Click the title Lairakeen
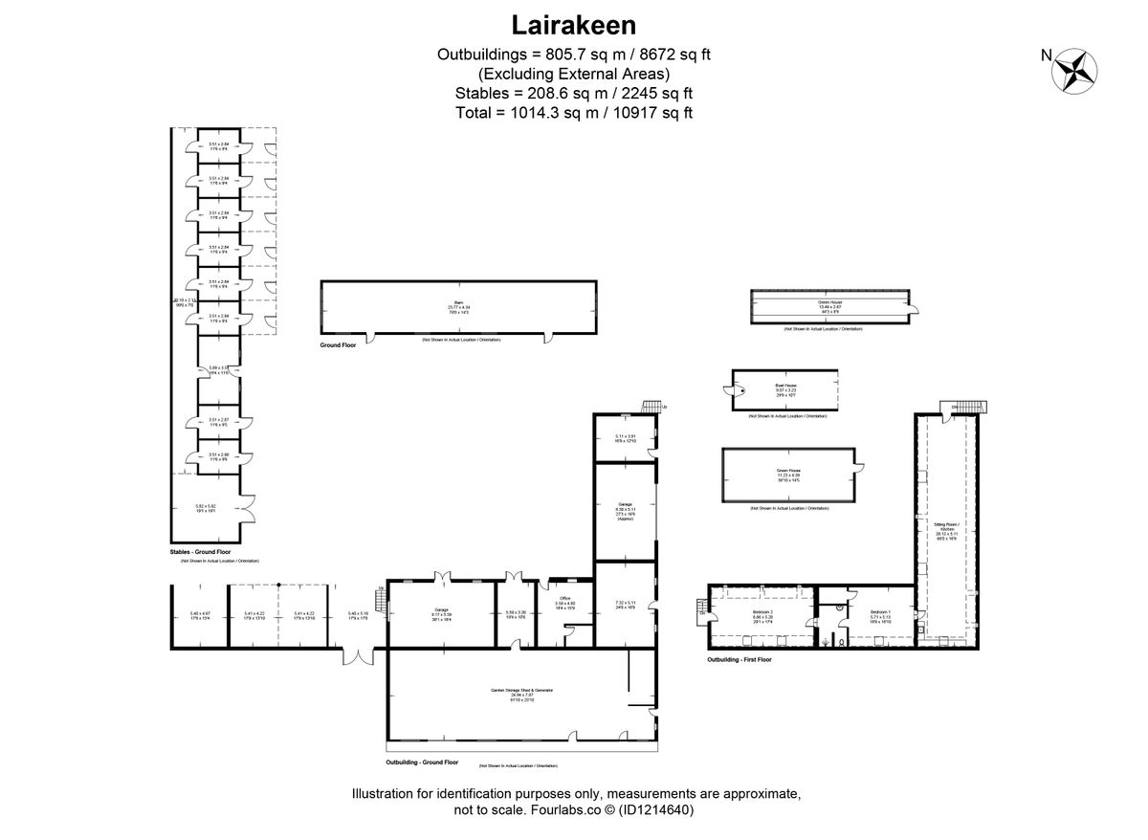(574, 23)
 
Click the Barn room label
(460, 303)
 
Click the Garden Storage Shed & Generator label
(522, 690)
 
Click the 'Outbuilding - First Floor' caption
(740, 659)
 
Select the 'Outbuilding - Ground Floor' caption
(422, 763)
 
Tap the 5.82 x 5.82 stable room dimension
(207, 506)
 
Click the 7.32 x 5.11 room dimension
(625, 603)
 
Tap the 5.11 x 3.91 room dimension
(626, 437)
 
